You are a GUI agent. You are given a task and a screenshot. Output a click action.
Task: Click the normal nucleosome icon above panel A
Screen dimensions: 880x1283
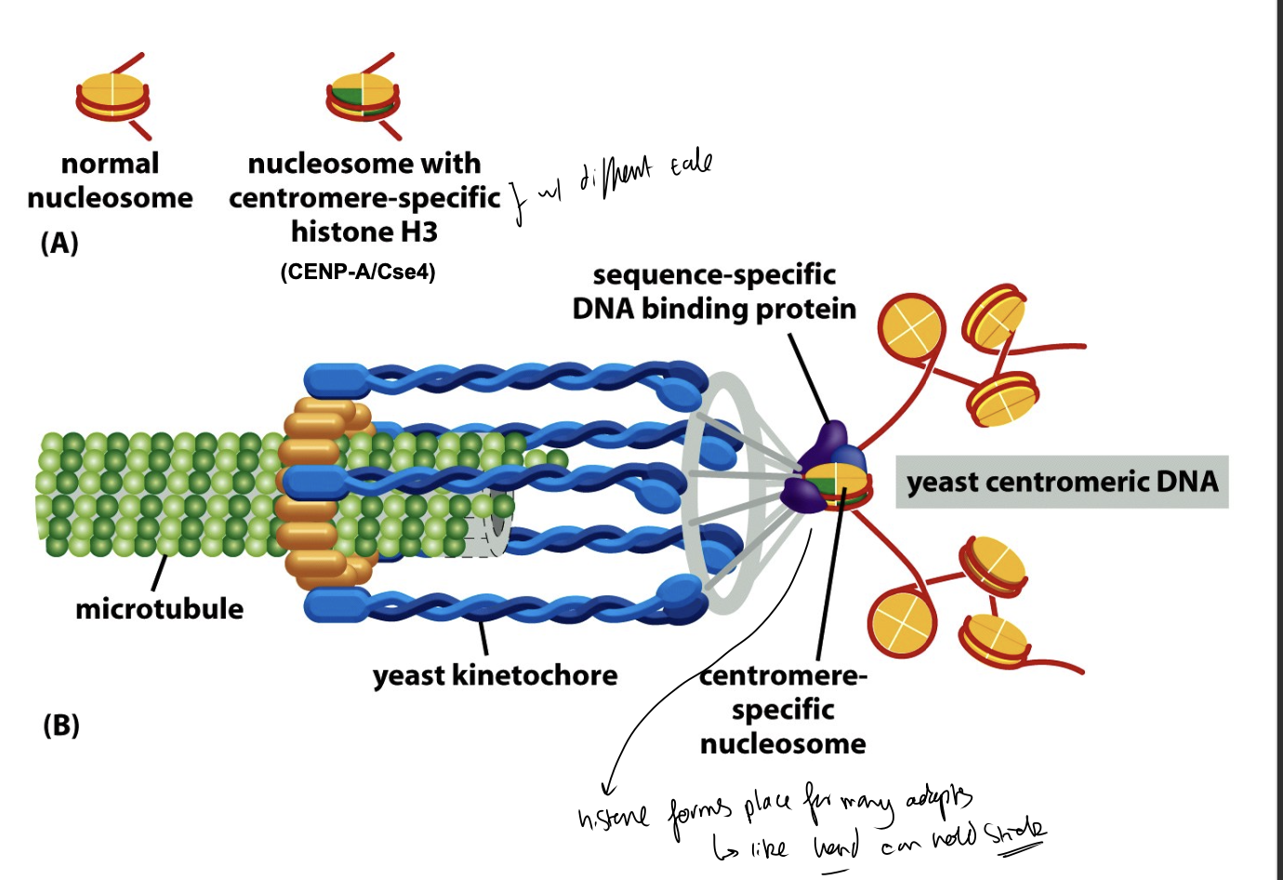pos(112,96)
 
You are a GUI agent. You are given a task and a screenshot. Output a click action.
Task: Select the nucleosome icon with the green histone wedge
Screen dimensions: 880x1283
pos(363,96)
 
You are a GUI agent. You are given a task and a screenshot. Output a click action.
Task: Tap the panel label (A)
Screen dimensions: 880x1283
pos(60,243)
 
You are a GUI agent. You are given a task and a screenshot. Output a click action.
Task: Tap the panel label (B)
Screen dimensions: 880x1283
pos(61,725)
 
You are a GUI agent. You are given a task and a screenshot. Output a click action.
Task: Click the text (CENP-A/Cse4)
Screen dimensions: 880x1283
pos(358,272)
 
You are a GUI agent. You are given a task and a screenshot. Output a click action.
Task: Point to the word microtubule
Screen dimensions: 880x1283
pos(159,608)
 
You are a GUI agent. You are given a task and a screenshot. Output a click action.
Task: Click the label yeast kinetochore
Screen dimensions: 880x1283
pos(495,674)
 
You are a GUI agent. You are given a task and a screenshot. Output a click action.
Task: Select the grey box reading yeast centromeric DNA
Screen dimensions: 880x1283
pos(1062,482)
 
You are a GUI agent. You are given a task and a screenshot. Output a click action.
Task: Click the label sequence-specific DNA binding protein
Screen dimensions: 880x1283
pos(714,292)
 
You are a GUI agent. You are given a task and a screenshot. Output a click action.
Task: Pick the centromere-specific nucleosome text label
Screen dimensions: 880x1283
pos(783,709)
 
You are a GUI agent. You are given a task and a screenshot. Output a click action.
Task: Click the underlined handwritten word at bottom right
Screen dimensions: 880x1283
pos(1015,831)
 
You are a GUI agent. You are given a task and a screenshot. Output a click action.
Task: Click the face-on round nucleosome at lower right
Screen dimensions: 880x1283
pos(901,623)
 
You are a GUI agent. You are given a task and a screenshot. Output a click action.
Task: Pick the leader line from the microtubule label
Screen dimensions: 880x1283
pos(159,572)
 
